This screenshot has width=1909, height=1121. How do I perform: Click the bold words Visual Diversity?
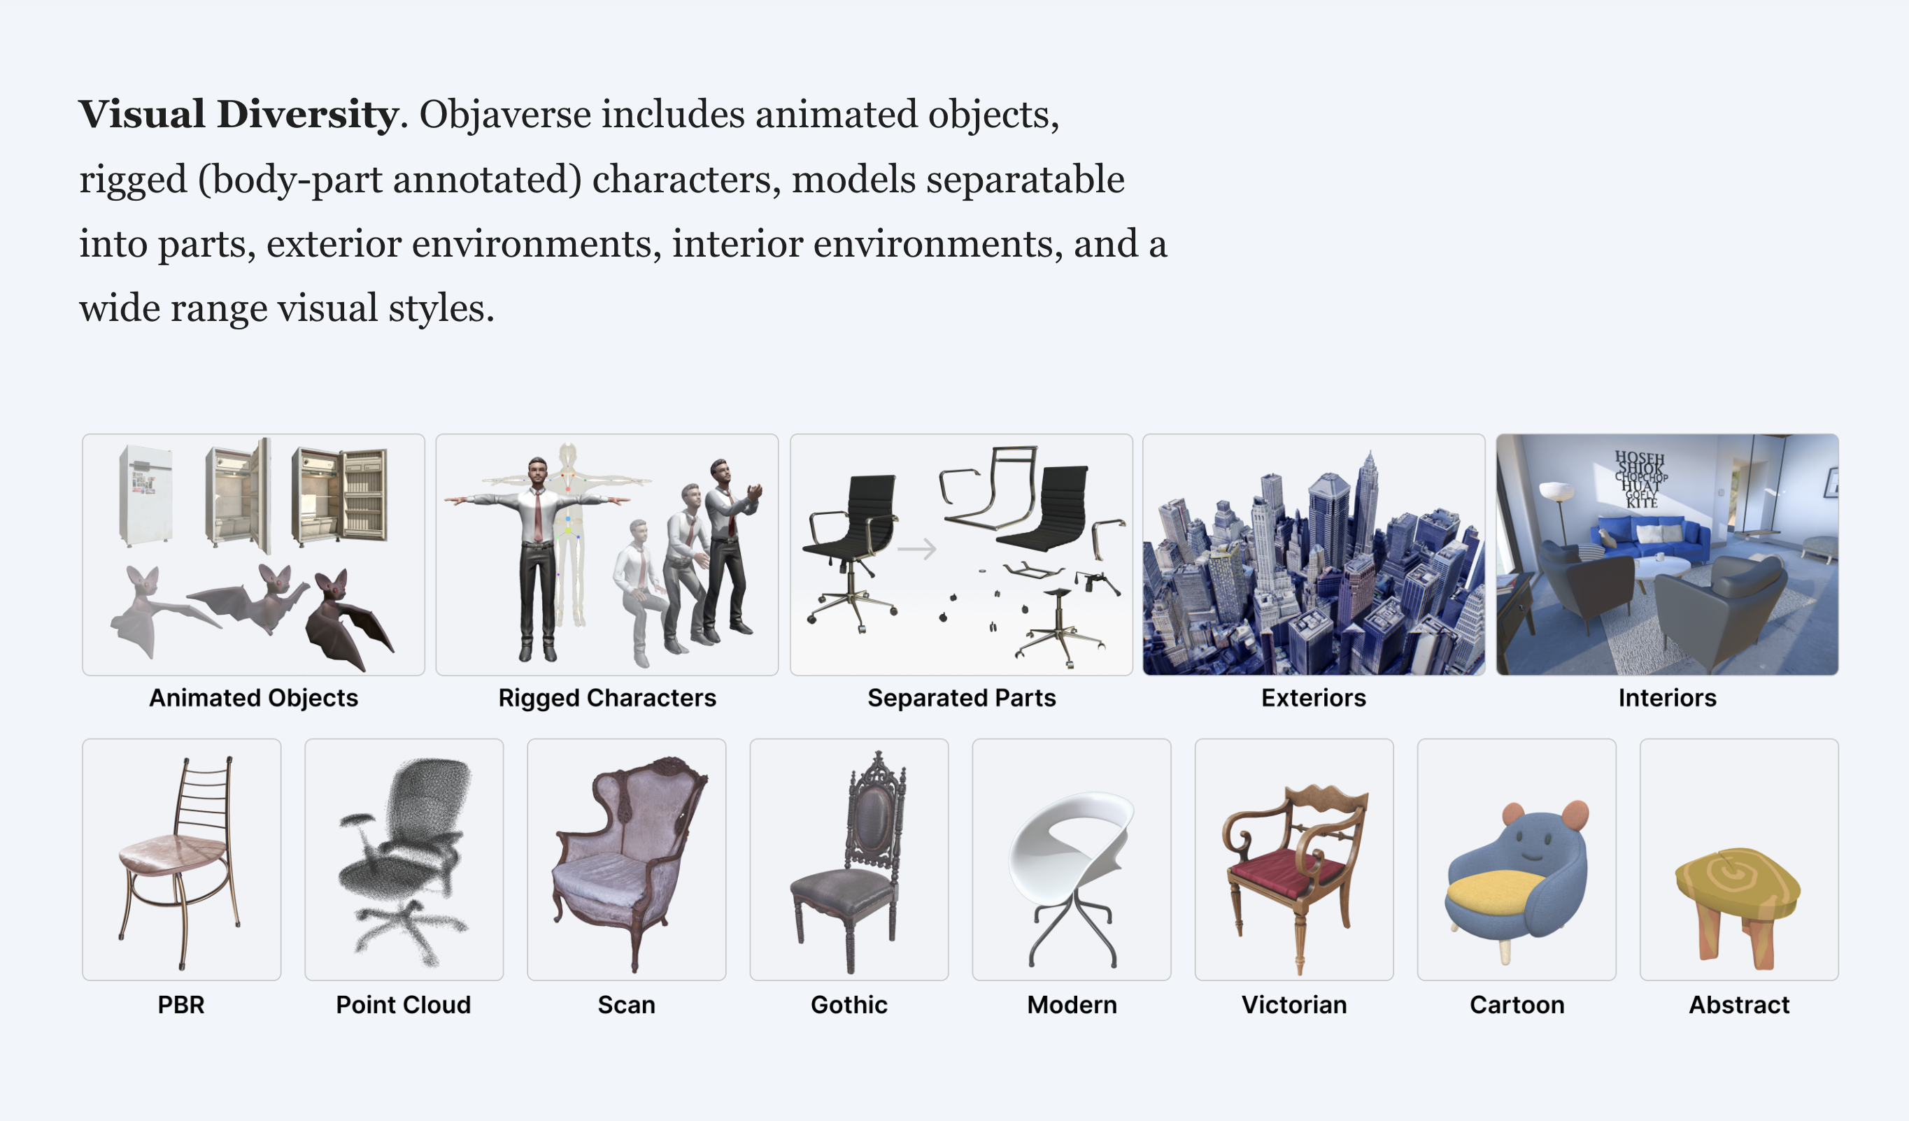tap(239, 115)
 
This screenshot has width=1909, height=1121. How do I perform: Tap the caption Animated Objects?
tap(254, 698)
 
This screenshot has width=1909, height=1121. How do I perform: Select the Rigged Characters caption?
tap(606, 698)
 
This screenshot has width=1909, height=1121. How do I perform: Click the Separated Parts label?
tap(961, 698)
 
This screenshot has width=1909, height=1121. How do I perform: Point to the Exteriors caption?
tap(1314, 698)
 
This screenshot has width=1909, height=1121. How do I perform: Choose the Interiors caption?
tap(1668, 698)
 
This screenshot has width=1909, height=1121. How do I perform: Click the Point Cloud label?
tap(403, 1004)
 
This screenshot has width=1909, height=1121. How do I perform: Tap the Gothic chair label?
tap(849, 1004)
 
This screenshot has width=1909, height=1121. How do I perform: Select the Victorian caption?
tap(1294, 1004)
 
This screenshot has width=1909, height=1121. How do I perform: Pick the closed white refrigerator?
tap(146, 495)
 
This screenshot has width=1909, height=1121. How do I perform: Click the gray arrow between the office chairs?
tap(916, 548)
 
